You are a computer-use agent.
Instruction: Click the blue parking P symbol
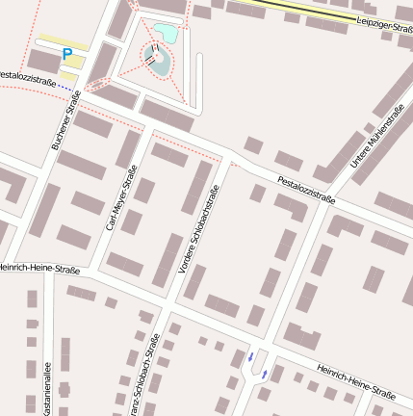coord(66,54)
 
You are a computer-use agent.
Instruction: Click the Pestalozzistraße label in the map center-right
coord(306,190)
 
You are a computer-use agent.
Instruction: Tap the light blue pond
coord(166,34)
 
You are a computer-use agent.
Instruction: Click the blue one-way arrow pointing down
coord(251,357)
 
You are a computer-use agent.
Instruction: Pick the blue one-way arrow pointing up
coord(265,373)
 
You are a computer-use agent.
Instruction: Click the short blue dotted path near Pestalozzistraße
coord(66,87)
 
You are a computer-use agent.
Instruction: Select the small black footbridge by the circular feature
coord(150,59)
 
